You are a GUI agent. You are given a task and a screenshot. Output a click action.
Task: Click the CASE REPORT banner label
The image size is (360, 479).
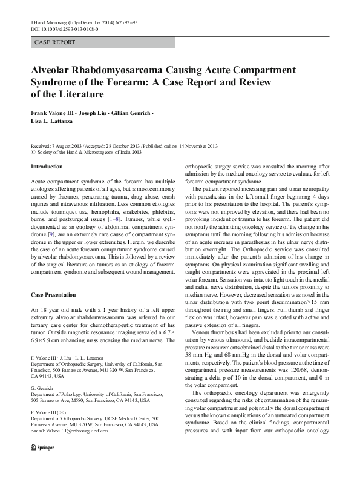coord(56,42)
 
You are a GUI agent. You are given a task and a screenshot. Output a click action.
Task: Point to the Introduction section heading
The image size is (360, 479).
coord(46,166)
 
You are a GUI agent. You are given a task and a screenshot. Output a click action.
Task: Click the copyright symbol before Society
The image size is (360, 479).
coord(33,153)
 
